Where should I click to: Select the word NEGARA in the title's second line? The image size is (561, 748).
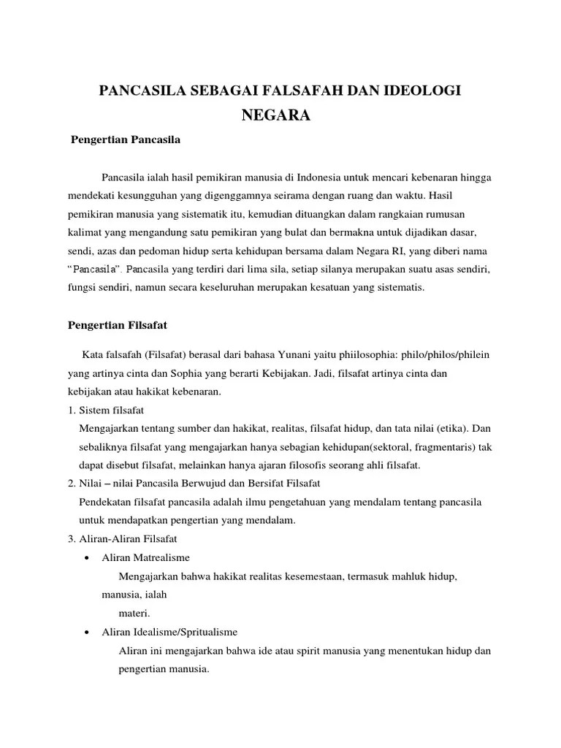coord(280,115)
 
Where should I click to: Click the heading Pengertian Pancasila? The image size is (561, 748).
coord(125,139)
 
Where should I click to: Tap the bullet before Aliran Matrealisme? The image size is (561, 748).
coord(87,558)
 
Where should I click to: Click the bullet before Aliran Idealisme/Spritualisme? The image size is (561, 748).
coord(87,632)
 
